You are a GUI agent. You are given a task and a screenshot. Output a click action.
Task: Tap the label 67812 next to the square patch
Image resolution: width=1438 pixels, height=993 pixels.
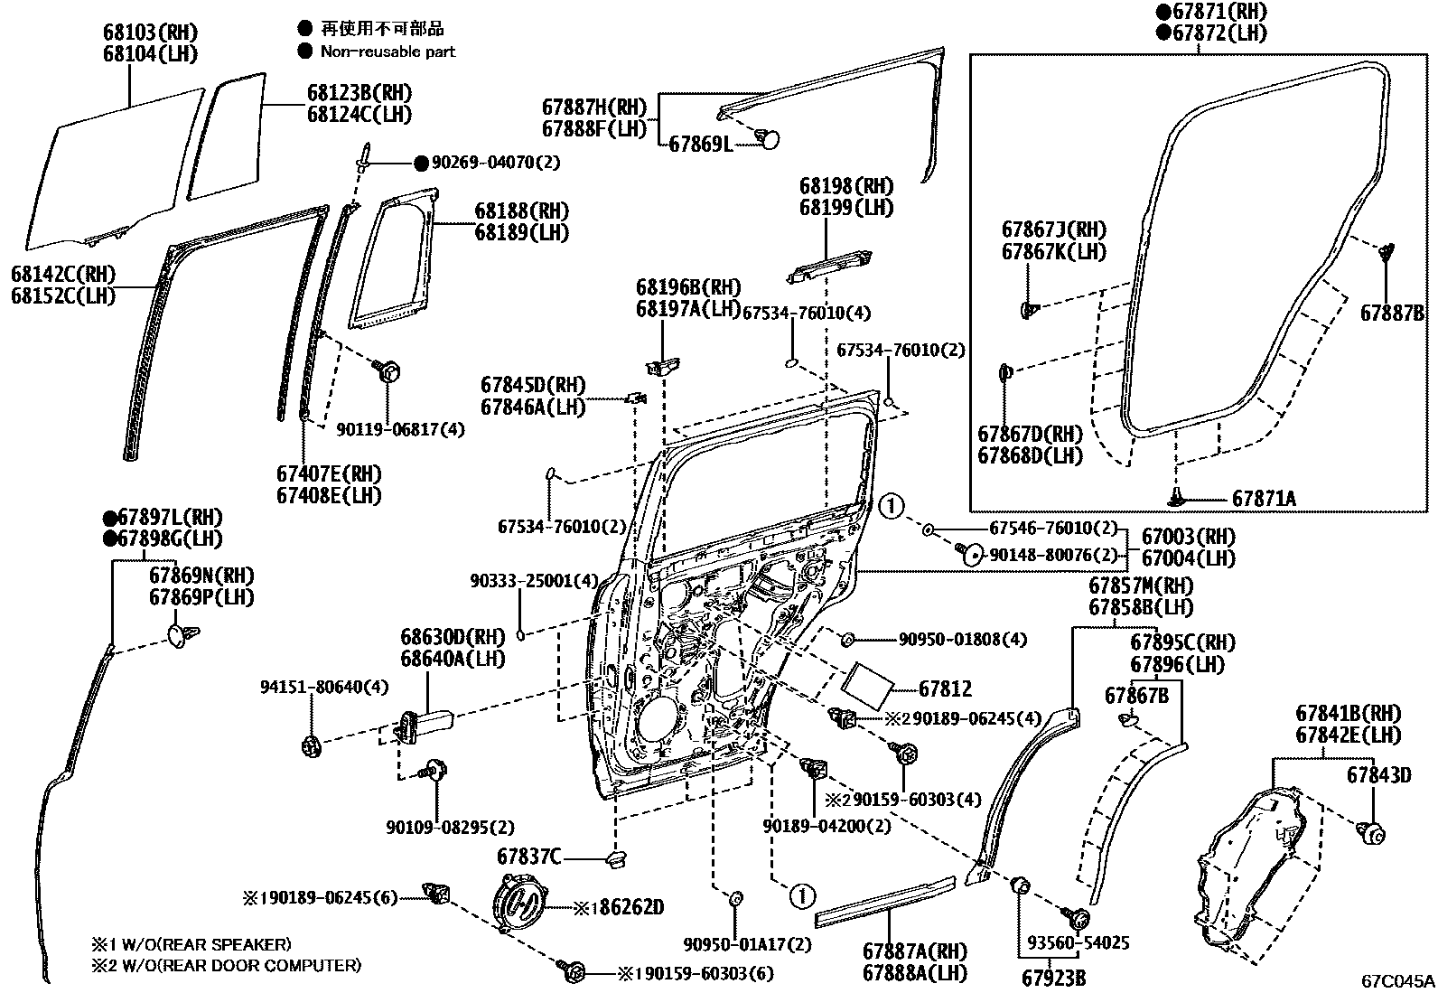[x=945, y=689]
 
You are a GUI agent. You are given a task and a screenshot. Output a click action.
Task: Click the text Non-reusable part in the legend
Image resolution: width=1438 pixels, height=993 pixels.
[x=388, y=52]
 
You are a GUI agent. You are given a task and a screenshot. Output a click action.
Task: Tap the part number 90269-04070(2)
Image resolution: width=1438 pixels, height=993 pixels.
[x=495, y=163]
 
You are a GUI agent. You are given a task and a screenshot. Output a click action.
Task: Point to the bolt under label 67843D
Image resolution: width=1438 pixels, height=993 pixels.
[x=1372, y=833]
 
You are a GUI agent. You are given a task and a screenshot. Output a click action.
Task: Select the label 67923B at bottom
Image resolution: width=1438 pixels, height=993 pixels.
[x=1054, y=978]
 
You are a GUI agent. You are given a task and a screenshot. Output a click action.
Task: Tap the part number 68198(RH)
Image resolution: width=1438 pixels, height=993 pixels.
[x=845, y=186]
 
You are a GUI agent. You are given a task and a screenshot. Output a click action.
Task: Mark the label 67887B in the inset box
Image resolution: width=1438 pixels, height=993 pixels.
[x=1392, y=313]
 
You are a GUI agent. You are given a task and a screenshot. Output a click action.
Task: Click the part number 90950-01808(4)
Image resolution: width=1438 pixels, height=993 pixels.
[x=962, y=640]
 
